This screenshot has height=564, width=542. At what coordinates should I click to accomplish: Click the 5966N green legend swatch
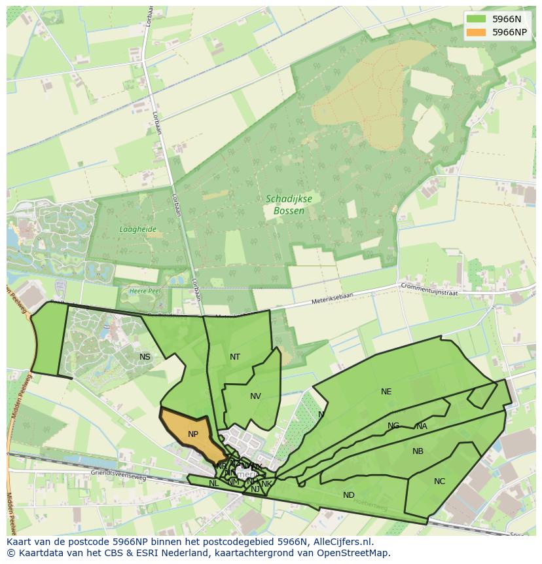(477, 20)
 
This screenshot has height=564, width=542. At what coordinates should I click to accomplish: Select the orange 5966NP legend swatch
(477, 32)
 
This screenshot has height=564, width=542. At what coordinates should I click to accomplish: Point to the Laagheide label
(137, 229)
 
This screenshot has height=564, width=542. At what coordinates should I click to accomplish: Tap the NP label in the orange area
(193, 434)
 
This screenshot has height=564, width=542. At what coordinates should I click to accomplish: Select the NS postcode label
(145, 357)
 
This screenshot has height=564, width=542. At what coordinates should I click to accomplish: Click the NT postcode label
(235, 357)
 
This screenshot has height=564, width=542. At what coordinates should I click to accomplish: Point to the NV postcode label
(255, 396)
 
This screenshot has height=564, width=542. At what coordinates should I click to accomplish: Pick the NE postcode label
(386, 392)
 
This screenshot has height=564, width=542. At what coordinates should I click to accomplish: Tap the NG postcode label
(393, 426)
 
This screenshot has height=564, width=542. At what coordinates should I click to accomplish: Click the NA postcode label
(422, 426)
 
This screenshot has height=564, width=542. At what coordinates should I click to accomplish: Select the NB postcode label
(418, 451)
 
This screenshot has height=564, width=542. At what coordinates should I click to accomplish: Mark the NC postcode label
(439, 481)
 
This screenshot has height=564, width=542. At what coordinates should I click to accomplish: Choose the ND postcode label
(349, 495)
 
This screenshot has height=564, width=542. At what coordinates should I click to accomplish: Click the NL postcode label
(213, 483)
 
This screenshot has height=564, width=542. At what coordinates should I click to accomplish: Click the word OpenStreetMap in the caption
(355, 553)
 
